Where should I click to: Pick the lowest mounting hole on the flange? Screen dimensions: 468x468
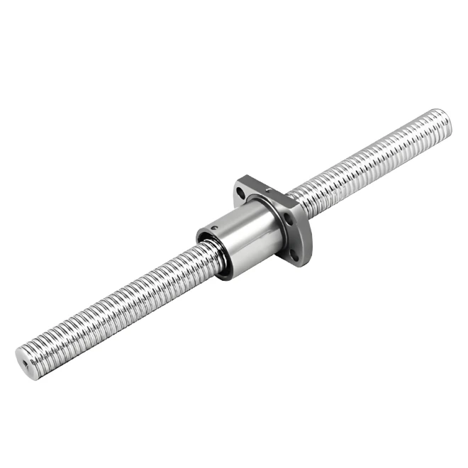point(291,249)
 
